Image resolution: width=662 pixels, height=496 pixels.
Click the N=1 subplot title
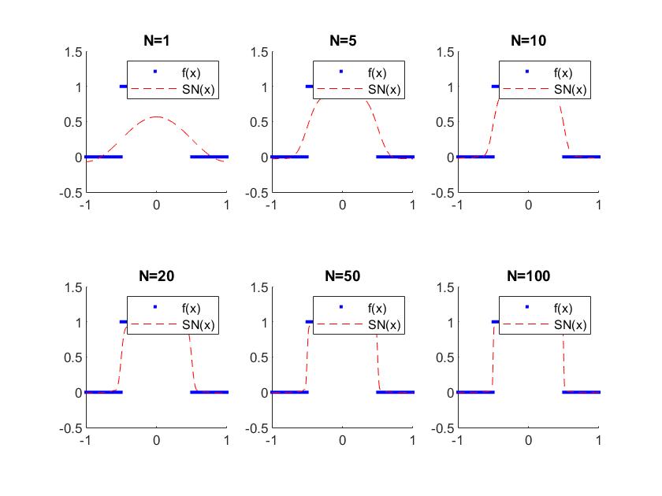click(x=156, y=40)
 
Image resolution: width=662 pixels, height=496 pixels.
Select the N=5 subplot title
click(x=342, y=40)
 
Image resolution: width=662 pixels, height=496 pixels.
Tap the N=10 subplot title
click(x=528, y=40)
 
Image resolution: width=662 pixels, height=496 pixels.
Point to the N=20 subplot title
click(x=156, y=276)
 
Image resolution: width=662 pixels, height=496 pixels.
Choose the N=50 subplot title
click(x=342, y=276)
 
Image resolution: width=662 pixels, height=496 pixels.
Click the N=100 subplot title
click(x=528, y=276)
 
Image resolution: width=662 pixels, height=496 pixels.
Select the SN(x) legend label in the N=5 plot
click(x=382, y=89)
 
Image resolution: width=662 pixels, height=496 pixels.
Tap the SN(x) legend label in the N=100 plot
click(x=568, y=324)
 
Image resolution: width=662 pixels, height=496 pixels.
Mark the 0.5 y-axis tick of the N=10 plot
click(x=442, y=122)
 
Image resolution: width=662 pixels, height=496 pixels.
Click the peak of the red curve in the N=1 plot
click(x=157, y=117)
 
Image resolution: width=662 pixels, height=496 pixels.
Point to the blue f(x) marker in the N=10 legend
click(x=527, y=72)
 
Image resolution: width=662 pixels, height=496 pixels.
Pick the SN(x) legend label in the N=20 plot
click(x=196, y=324)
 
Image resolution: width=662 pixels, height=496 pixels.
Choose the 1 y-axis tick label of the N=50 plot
click(x=261, y=322)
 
